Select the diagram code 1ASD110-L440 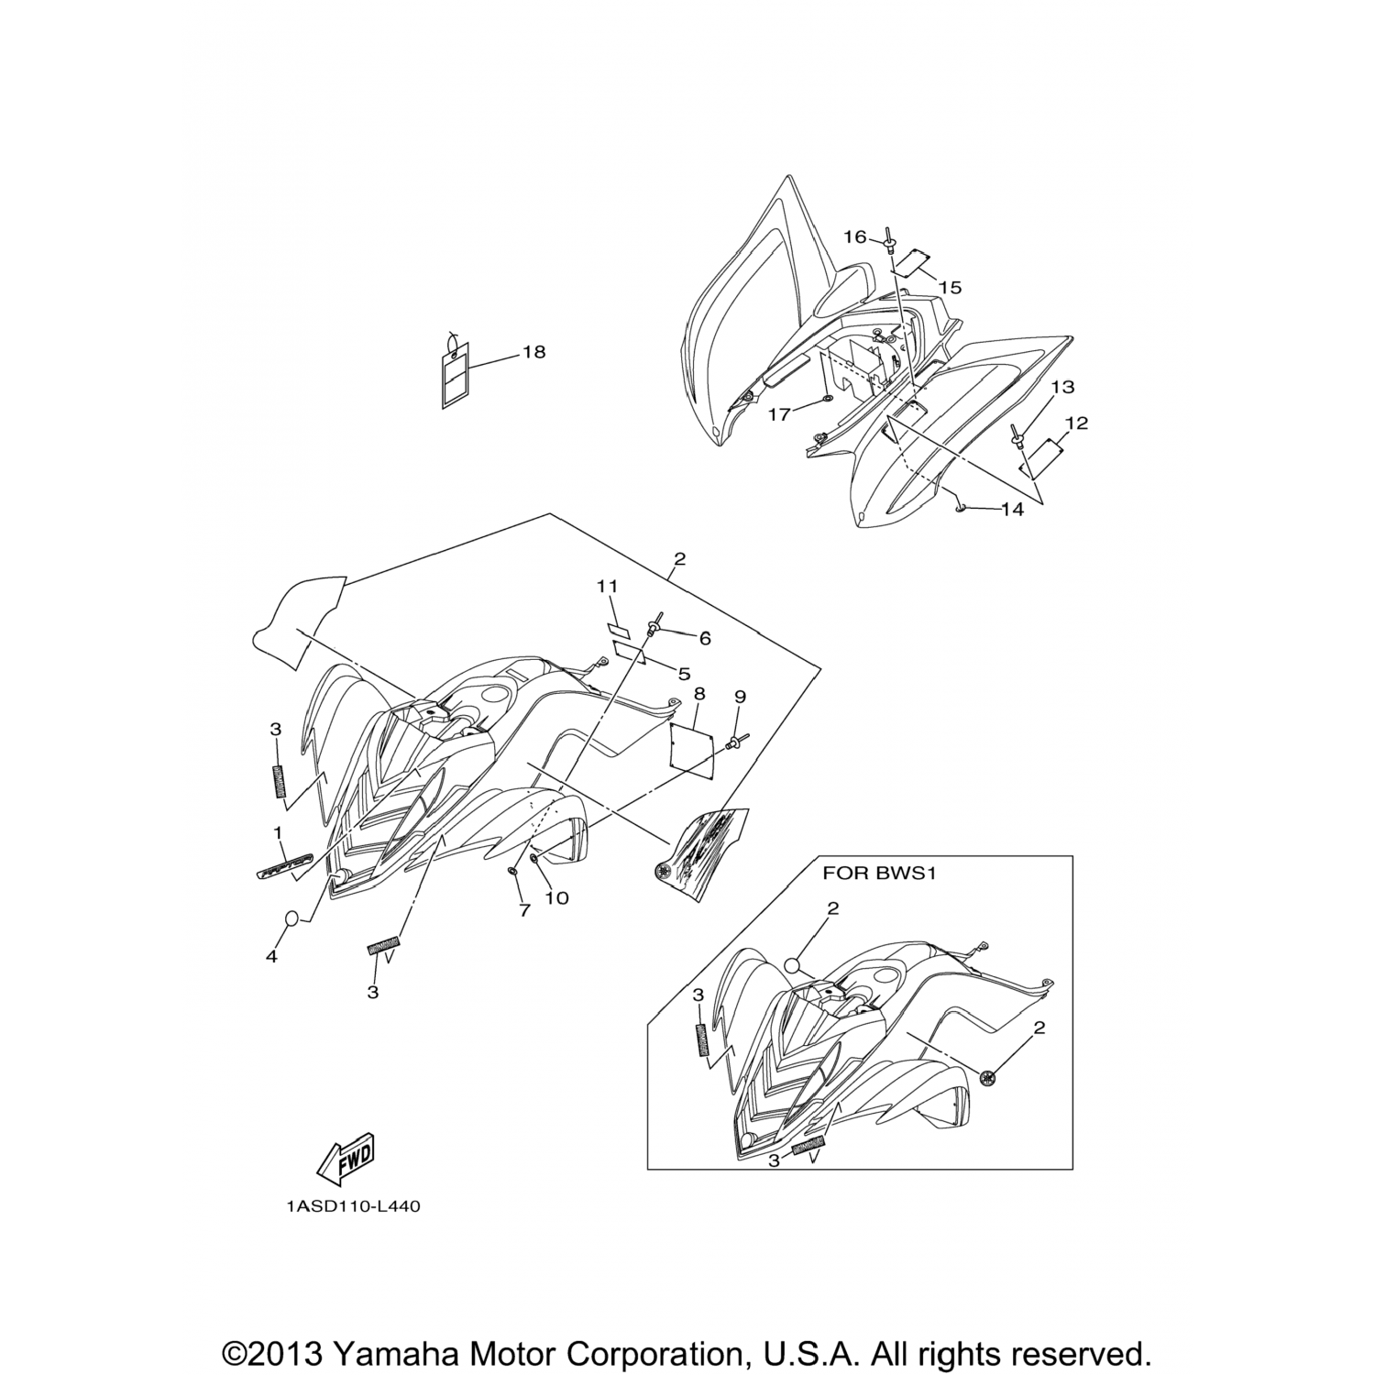352,1207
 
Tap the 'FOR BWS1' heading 879,873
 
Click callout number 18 533,352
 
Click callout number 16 854,237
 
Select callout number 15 950,288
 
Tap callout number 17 779,415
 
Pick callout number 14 1012,510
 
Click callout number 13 1062,388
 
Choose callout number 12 1076,423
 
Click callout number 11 608,586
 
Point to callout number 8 698,696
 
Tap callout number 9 740,697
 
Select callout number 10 556,898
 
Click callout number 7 524,910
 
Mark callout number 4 271,956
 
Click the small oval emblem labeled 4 292,918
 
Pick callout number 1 277,832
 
